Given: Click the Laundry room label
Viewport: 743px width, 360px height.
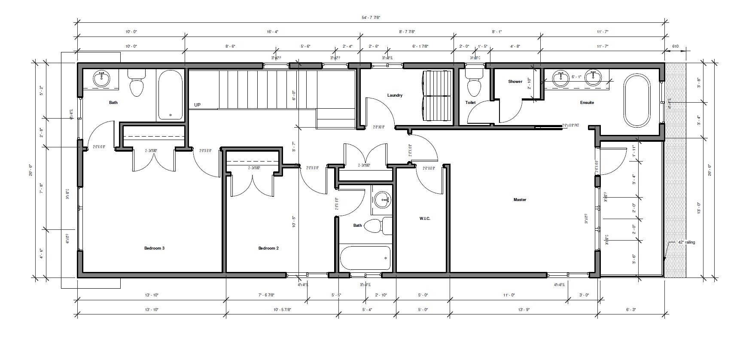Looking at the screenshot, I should [x=394, y=95].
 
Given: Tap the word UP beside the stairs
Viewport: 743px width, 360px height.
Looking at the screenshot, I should [x=197, y=105].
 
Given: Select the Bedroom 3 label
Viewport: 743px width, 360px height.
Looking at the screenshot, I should [x=154, y=248].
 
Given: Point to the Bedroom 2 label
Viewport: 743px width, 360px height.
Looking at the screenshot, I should [x=268, y=248].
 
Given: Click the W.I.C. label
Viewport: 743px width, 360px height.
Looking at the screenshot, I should [x=424, y=219].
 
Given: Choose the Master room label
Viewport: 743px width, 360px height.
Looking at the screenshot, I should [x=519, y=199].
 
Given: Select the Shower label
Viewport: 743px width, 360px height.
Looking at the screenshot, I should [x=515, y=82].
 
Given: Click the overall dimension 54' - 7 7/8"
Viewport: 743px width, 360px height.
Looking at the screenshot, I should [x=371, y=18].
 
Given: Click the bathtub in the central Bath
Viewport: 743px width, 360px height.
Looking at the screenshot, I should [x=365, y=257].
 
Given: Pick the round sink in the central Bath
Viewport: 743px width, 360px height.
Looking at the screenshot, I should [x=382, y=199].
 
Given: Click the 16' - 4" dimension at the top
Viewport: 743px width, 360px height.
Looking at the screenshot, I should [x=272, y=32].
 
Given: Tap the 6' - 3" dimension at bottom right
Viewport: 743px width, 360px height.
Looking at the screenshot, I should [x=630, y=309].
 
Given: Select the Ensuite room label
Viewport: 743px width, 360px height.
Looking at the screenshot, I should [x=587, y=103].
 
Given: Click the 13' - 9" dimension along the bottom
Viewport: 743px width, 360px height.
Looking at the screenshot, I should [x=523, y=309].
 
